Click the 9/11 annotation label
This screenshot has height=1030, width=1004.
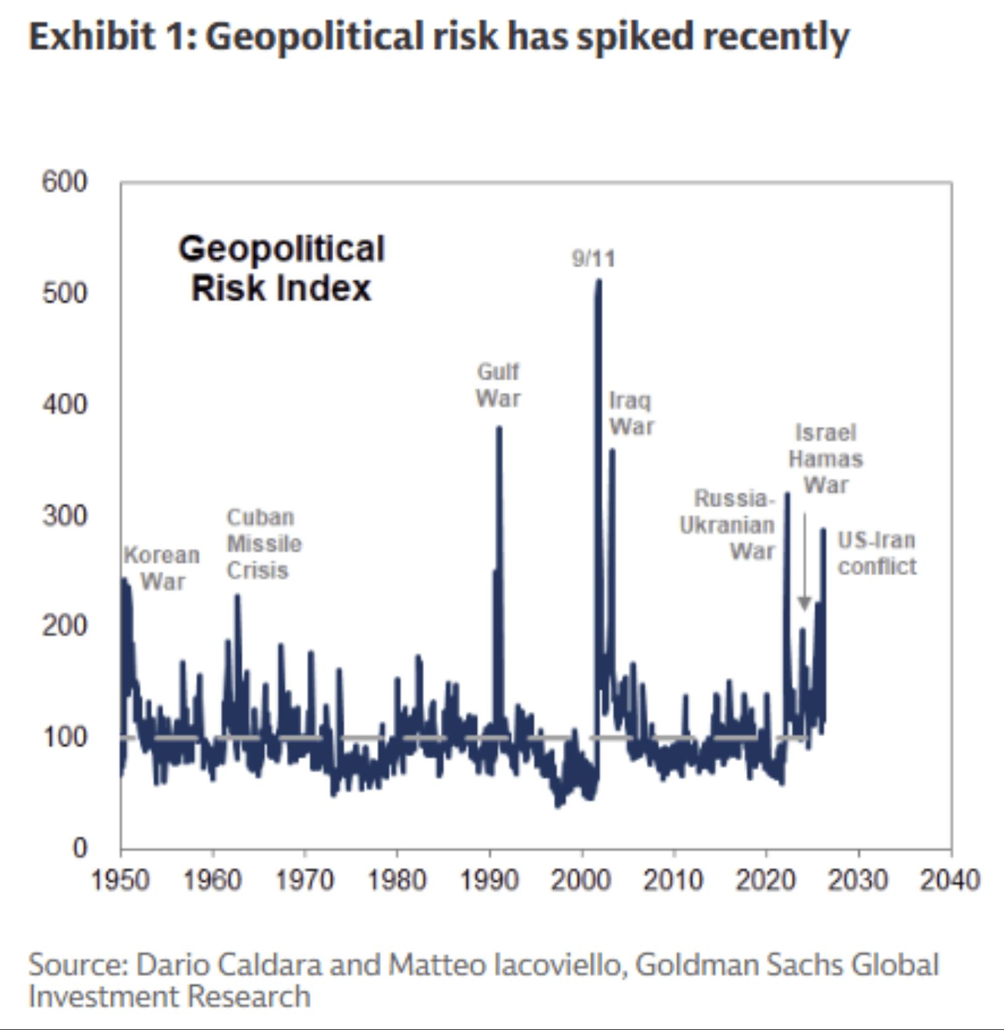coord(593,258)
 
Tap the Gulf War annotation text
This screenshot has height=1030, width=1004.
coord(498,385)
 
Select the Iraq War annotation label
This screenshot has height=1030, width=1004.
coord(631,413)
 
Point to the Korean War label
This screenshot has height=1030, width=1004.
coord(162,568)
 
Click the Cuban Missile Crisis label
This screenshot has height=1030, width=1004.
coord(264,543)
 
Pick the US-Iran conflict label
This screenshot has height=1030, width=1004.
coord(877,553)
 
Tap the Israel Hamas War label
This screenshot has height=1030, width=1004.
coord(826,458)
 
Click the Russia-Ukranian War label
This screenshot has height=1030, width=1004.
coord(728,524)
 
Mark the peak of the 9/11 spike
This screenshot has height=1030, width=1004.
coord(598,281)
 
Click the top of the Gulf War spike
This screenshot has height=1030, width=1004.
coord(499,427)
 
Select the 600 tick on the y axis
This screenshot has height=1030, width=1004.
coord(65,182)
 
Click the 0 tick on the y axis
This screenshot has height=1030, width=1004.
coord(80,848)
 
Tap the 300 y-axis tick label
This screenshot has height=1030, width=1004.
coord(65,515)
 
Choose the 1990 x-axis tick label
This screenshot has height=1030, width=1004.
coord(490,880)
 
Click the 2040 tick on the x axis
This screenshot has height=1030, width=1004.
coord(950,880)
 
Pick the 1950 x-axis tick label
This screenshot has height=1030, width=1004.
coord(121,880)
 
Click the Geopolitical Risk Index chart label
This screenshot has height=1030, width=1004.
coord(282,268)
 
